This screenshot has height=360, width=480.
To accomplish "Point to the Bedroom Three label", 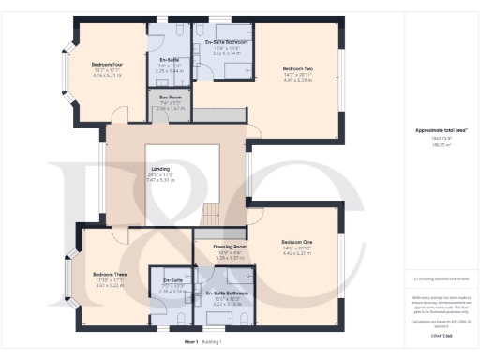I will tap(109, 247).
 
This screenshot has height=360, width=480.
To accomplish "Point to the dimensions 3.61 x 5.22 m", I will tap(109, 259).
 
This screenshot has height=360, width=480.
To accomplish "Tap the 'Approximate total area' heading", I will tap(441, 130).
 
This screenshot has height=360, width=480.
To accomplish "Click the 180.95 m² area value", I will tap(441, 145).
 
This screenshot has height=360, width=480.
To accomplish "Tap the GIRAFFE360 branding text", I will tap(442, 334).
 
